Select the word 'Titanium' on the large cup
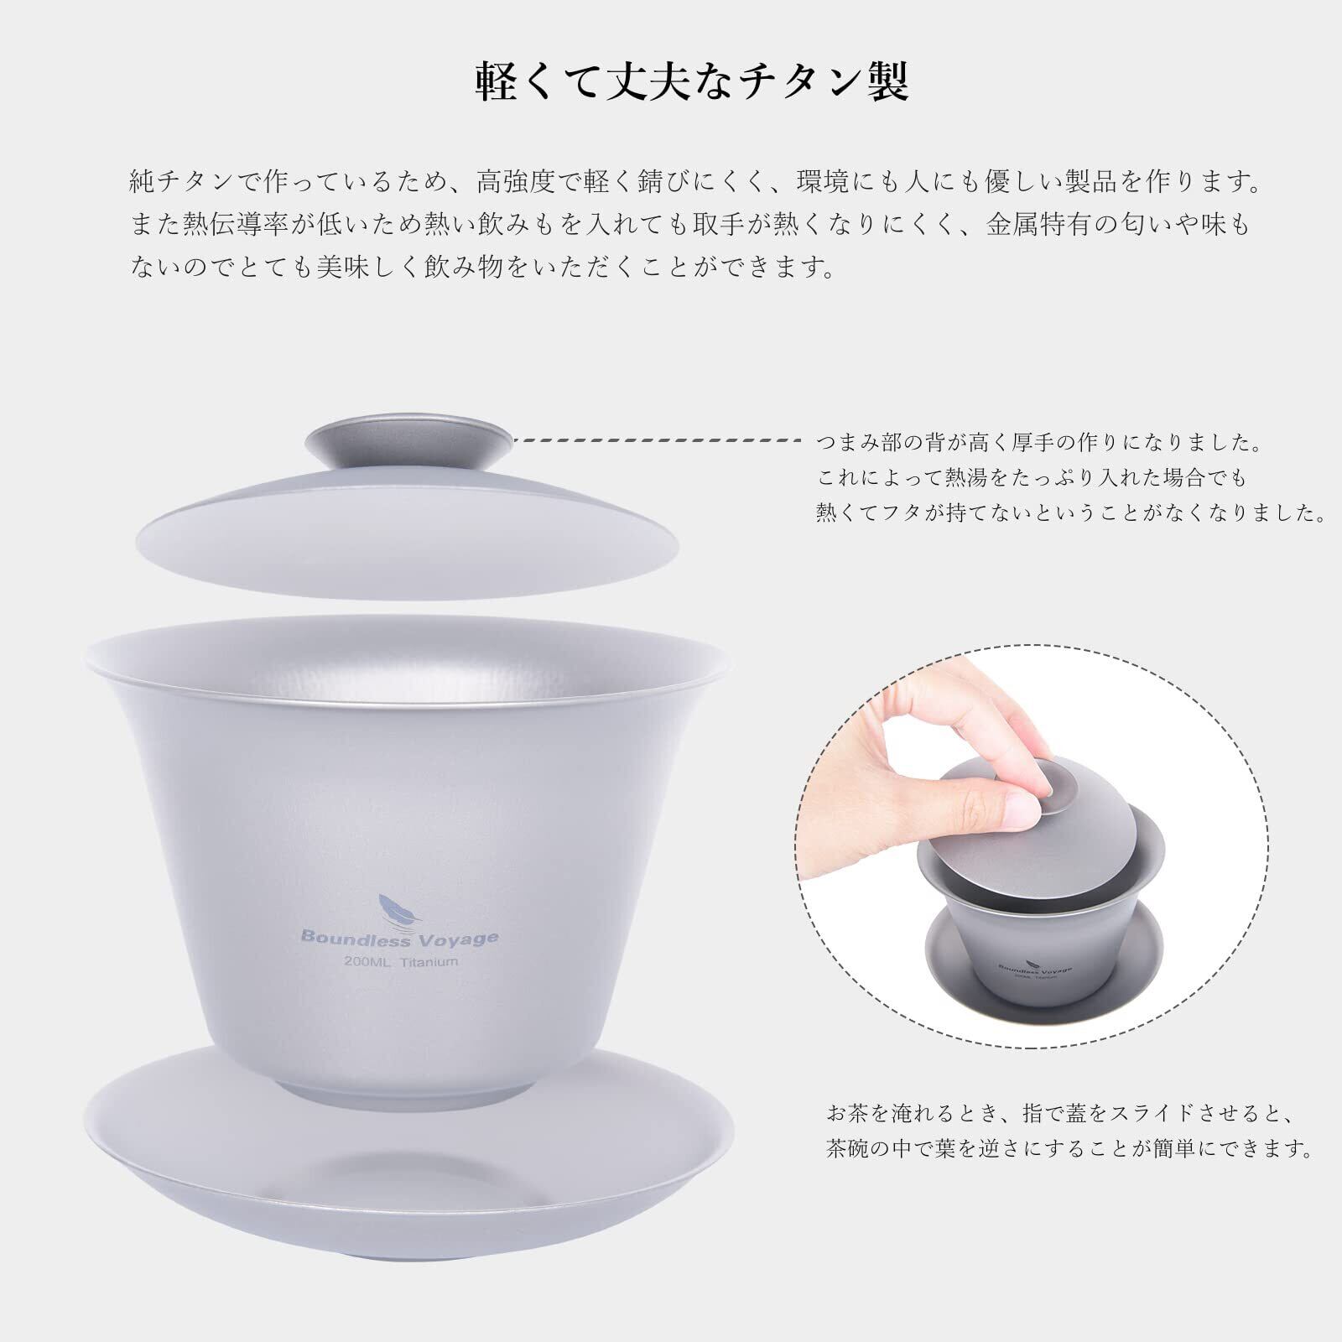coord(429,962)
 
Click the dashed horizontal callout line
coord(659,440)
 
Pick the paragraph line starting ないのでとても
coord(483,268)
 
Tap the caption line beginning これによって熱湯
coord(1033,478)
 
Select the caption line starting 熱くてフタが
coord(1071,513)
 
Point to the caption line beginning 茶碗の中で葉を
coord(1070,1148)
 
